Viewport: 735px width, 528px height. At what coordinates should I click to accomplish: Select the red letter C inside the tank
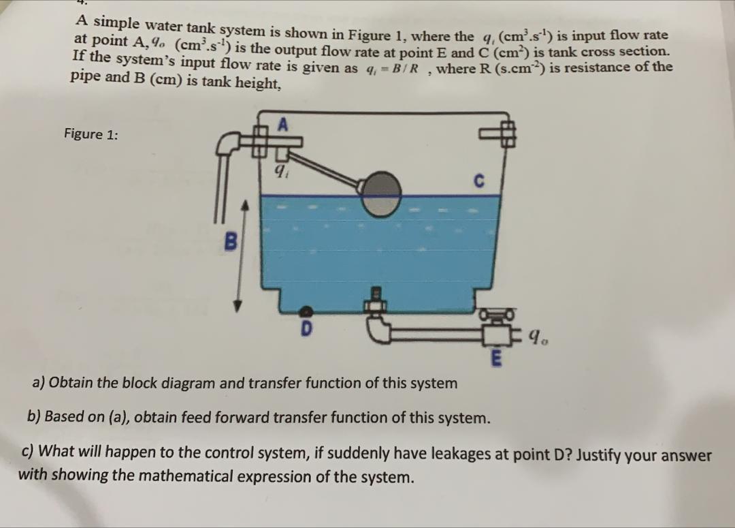click(x=478, y=182)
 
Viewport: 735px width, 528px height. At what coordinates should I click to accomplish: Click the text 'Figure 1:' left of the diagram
click(x=91, y=134)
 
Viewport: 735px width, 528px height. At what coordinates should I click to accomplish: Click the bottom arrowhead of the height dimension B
click(x=239, y=307)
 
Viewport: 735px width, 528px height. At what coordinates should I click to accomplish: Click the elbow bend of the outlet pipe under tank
click(x=377, y=333)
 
